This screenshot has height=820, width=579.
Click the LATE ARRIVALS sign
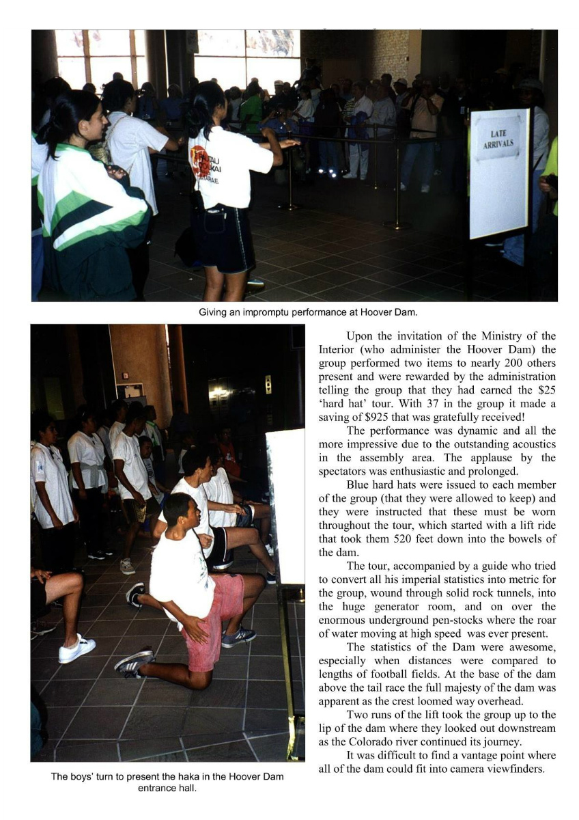pyautogui.click(x=499, y=174)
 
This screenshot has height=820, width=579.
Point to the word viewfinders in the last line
pyautogui.click(x=527, y=769)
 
